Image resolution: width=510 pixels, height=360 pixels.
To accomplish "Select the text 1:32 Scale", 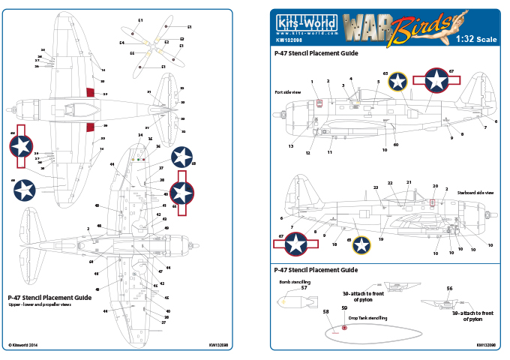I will (x=476, y=39).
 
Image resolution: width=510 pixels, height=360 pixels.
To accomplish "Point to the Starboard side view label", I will (x=475, y=192).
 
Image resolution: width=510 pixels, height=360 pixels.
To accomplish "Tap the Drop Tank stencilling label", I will (x=368, y=318).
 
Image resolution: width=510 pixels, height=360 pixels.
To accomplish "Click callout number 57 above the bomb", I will (x=304, y=288).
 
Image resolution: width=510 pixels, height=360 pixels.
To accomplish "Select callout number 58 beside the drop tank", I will (x=326, y=310).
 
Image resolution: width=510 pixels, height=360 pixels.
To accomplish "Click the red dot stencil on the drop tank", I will (x=344, y=327).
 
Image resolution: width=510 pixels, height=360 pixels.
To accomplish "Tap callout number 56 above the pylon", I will (x=449, y=288).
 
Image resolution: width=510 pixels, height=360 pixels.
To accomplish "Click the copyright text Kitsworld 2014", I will (x=25, y=345).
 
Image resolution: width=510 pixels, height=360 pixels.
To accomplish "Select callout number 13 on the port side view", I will (x=289, y=147).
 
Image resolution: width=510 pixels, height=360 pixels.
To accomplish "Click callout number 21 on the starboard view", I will (x=409, y=182).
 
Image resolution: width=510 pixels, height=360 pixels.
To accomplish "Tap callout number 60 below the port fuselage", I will (x=395, y=144).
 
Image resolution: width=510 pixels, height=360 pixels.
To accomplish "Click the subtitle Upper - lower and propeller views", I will (x=40, y=306).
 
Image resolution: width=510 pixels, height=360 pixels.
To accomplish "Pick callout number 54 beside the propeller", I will (x=121, y=43).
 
